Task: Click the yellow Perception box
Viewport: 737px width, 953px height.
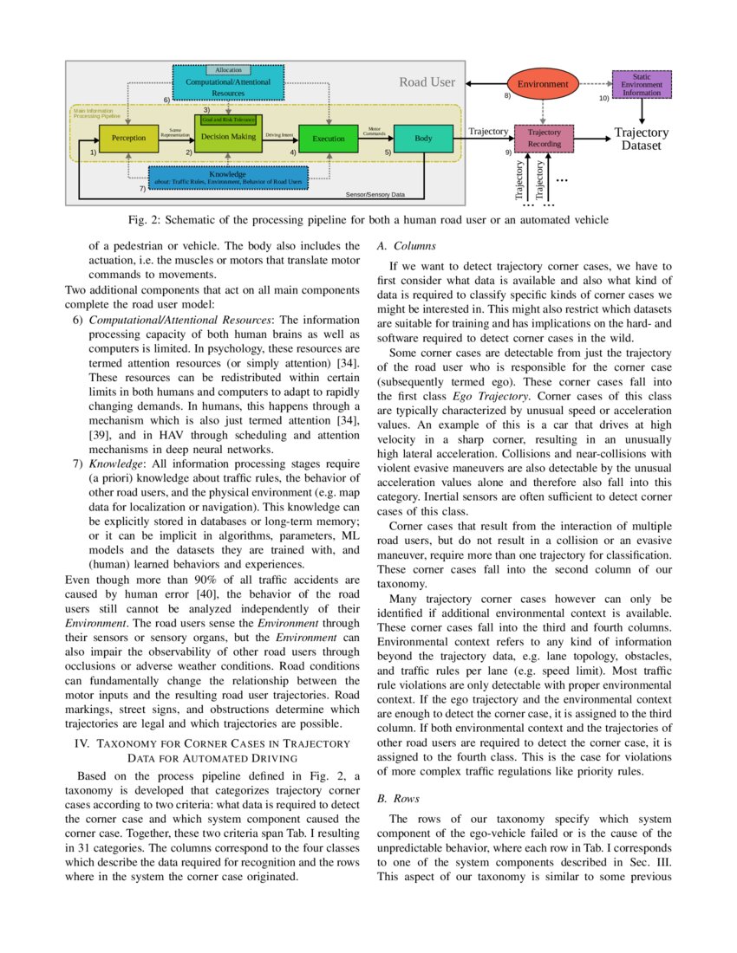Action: pyautogui.click(x=128, y=138)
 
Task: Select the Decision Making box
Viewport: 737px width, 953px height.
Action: pyautogui.click(x=228, y=137)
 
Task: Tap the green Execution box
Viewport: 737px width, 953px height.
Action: pyautogui.click(x=328, y=139)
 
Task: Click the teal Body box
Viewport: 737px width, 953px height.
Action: pyautogui.click(x=423, y=139)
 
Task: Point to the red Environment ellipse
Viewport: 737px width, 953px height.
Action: pyautogui.click(x=542, y=84)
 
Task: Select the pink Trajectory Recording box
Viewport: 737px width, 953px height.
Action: pyautogui.click(x=544, y=138)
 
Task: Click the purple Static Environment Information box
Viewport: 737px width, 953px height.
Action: pyautogui.click(x=642, y=85)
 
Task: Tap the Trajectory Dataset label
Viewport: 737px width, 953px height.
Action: pyautogui.click(x=642, y=139)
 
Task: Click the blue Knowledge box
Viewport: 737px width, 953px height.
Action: pyautogui.click(x=227, y=178)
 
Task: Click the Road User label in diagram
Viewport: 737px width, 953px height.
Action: pyautogui.click(x=427, y=82)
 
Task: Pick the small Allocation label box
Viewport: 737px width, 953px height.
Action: pyautogui.click(x=228, y=70)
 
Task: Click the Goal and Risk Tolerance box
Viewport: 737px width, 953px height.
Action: pyautogui.click(x=228, y=120)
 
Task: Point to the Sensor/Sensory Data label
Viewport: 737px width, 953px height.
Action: pyautogui.click(x=375, y=195)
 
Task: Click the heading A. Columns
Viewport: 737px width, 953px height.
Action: pyautogui.click(x=401, y=246)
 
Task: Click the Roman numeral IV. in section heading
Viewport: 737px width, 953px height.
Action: pyautogui.click(x=83, y=743)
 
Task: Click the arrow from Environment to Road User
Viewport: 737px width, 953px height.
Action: pyautogui.click(x=486, y=84)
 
